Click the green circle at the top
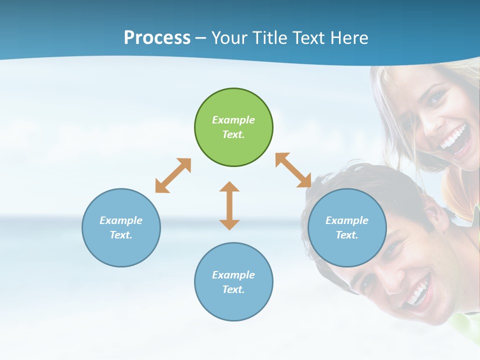pyautogui.click(x=233, y=127)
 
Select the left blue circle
pyautogui.click(x=121, y=227)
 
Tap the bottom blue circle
pyautogui.click(x=233, y=282)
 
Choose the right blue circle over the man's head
pyautogui.click(x=347, y=227)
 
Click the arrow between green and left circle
pyautogui.click(x=173, y=175)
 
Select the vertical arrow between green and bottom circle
pyautogui.click(x=229, y=205)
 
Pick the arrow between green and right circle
pyautogui.click(x=293, y=170)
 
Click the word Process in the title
pyautogui.click(x=157, y=37)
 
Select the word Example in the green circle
pyautogui.click(x=233, y=120)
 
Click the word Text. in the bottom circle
pyautogui.click(x=233, y=289)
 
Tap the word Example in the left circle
pyautogui.click(x=121, y=220)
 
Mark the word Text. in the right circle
pyautogui.click(x=347, y=235)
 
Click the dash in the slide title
pyautogui.click(x=201, y=38)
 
